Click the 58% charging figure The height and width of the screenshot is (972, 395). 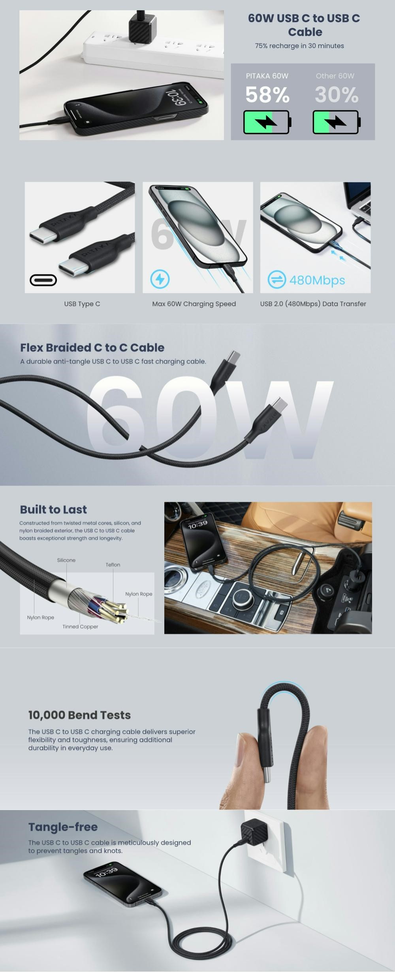click(267, 95)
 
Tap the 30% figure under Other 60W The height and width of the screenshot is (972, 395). click(337, 95)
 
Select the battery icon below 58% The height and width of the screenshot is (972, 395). click(267, 122)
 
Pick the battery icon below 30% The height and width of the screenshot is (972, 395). click(337, 122)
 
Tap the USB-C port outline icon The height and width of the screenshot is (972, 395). click(43, 280)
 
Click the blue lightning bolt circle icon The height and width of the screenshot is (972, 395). click(160, 279)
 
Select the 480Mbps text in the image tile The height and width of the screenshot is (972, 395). click(317, 280)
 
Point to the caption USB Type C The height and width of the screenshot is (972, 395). click(82, 304)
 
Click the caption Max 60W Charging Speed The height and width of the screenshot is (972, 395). click(194, 304)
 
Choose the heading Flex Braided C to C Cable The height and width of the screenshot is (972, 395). click(92, 348)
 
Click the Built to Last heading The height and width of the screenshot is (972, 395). click(53, 510)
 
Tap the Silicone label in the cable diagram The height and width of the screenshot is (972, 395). click(66, 560)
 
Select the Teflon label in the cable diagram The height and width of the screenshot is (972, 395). click(113, 565)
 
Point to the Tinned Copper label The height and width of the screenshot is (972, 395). click(80, 627)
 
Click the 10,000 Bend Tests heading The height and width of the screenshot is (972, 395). click(79, 715)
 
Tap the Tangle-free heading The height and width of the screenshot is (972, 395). click(63, 827)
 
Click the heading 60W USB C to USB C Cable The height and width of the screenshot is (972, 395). click(304, 25)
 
